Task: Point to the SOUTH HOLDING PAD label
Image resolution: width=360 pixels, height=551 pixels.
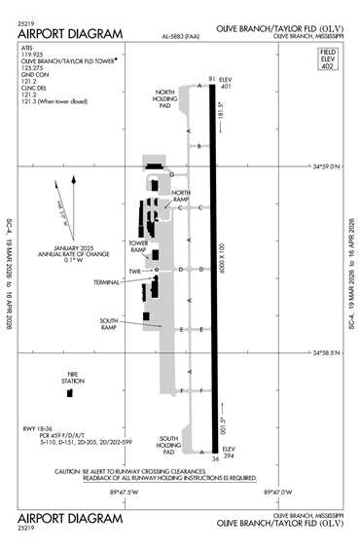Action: tap(169, 445)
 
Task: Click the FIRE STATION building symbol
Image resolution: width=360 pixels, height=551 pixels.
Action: tap(71, 398)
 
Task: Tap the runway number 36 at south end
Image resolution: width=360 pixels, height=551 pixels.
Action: tap(214, 458)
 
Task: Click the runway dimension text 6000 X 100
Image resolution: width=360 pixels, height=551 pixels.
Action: tap(223, 263)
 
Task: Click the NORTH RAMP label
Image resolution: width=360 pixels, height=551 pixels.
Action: tap(181, 196)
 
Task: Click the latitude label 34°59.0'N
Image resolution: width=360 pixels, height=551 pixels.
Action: tap(328, 166)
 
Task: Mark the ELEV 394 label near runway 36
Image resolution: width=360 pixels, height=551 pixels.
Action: tap(230, 452)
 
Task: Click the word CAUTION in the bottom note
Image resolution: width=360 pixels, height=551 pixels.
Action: tap(70, 470)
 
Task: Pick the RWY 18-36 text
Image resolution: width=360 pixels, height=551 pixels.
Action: tap(37, 429)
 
